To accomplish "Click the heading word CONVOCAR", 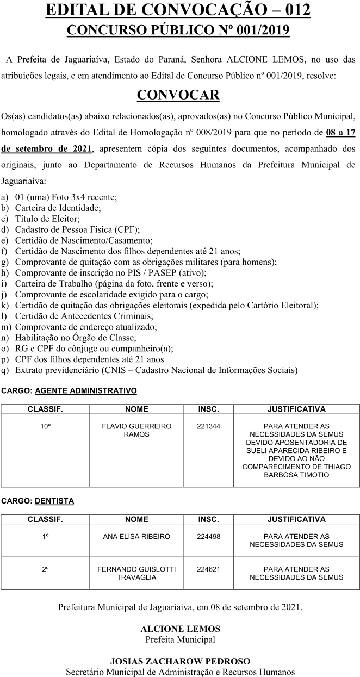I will (178, 95).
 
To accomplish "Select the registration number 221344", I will (208, 426).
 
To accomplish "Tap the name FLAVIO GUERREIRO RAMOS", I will (136, 430).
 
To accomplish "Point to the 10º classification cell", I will (46, 426).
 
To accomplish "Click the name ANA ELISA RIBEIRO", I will (136, 536).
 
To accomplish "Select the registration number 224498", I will (208, 536).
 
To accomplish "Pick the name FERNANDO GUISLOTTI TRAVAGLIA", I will (136, 573).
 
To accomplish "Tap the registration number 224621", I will (208, 569).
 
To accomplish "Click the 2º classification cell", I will (46, 569).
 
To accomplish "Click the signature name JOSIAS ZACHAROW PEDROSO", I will (180, 661).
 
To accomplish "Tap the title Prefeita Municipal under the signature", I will (180, 639).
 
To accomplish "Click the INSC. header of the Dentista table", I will (208, 519).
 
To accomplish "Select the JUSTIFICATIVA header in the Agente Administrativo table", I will (296, 409).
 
